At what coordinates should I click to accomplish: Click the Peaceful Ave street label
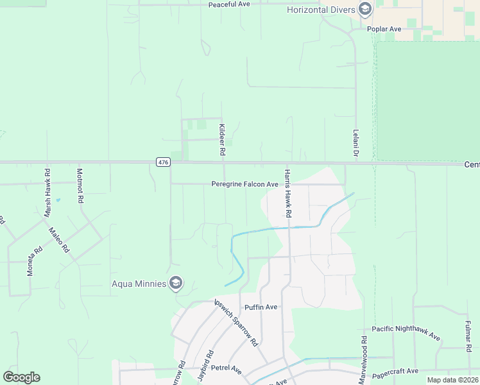(228, 4)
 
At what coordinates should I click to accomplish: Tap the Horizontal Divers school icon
(365, 9)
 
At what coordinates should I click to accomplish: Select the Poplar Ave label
(384, 29)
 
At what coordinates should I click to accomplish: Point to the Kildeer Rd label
(222, 140)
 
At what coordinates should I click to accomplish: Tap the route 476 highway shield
(163, 162)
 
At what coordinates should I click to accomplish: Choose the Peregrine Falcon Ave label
(244, 184)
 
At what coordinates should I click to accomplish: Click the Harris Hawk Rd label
(288, 193)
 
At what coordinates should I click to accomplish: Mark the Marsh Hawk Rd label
(47, 186)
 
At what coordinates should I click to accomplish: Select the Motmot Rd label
(80, 186)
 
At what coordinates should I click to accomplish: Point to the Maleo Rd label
(58, 239)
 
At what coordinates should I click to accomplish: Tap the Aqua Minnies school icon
(176, 284)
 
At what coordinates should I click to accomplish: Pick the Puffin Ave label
(261, 307)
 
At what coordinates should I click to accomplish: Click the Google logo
(21, 377)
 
